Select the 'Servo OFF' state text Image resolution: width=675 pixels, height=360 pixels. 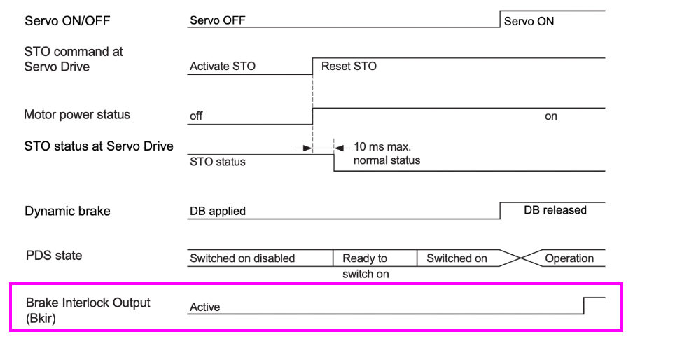(217, 20)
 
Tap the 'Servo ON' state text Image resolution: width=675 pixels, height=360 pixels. (529, 21)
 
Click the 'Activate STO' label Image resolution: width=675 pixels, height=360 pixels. (223, 67)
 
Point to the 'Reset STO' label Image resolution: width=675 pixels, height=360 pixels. (349, 66)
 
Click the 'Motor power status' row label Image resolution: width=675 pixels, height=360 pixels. (77, 114)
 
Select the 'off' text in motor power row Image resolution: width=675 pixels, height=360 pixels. (196, 116)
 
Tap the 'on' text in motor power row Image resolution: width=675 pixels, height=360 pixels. (551, 116)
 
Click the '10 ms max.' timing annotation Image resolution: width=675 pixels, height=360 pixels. (382, 148)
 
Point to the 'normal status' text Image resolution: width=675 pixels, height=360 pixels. (387, 160)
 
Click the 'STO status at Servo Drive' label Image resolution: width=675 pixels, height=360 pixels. (99, 146)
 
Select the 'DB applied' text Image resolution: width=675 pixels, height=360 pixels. (218, 211)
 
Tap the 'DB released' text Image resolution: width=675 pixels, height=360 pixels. (555, 210)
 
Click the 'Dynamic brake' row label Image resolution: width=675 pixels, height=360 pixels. (67, 211)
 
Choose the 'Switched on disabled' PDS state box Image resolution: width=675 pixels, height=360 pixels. (242, 258)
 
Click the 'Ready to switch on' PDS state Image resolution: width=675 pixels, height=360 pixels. (365, 265)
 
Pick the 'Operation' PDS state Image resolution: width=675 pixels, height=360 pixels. (569, 258)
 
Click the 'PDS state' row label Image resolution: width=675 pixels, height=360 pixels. (54, 256)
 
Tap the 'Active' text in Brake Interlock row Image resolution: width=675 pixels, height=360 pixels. (204, 307)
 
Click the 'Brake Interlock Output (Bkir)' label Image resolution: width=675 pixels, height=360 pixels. (88, 310)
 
